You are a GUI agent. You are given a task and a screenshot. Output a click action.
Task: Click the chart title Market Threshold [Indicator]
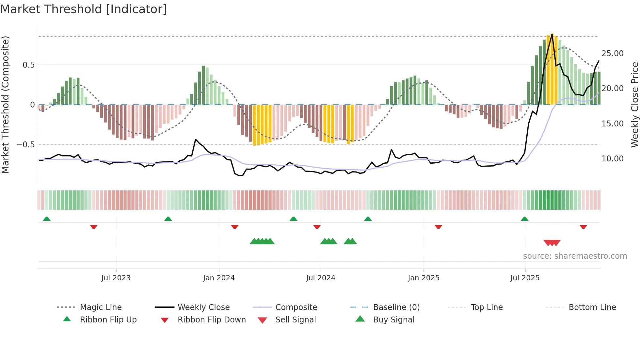(x=84, y=9)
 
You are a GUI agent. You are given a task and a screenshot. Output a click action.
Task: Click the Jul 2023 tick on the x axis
(x=116, y=278)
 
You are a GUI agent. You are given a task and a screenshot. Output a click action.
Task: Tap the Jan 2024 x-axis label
(x=219, y=278)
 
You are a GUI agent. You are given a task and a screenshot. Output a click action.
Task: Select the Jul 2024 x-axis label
(x=321, y=278)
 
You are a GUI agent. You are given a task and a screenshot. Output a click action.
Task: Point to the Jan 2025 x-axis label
(x=424, y=278)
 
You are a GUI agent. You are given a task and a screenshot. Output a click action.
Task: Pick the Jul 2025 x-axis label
(x=525, y=278)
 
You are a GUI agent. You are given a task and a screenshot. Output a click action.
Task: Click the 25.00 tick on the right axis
(x=612, y=53)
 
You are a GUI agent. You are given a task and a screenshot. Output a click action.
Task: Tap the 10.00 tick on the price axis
(x=612, y=159)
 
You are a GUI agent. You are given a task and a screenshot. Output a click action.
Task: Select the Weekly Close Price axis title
(x=634, y=105)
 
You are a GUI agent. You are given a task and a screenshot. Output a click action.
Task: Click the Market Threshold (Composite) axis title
(x=5, y=105)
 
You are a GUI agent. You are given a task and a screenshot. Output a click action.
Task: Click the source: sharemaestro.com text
(x=575, y=256)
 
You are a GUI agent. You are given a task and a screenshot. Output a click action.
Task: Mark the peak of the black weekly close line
(x=552, y=34)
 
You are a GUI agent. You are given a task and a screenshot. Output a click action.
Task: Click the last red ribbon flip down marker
(x=583, y=227)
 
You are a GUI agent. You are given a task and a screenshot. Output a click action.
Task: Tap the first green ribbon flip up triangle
(x=47, y=219)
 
